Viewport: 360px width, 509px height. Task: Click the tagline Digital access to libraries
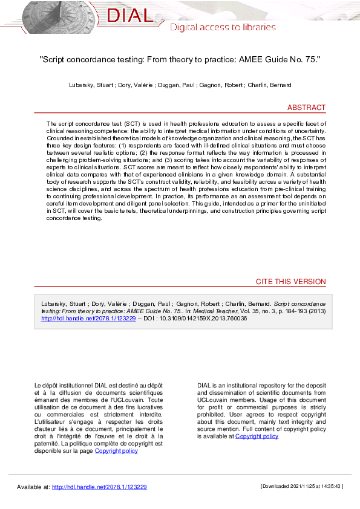point(223,27)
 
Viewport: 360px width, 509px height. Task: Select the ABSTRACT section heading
point(306,108)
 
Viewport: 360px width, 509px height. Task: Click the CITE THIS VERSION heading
point(291,282)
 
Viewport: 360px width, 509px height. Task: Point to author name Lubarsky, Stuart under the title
point(91,85)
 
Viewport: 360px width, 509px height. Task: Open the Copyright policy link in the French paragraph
point(116,450)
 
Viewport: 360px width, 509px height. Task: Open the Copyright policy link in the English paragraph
point(257,436)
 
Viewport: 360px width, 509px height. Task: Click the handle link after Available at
point(99,487)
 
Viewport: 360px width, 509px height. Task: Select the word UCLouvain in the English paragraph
point(216,400)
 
